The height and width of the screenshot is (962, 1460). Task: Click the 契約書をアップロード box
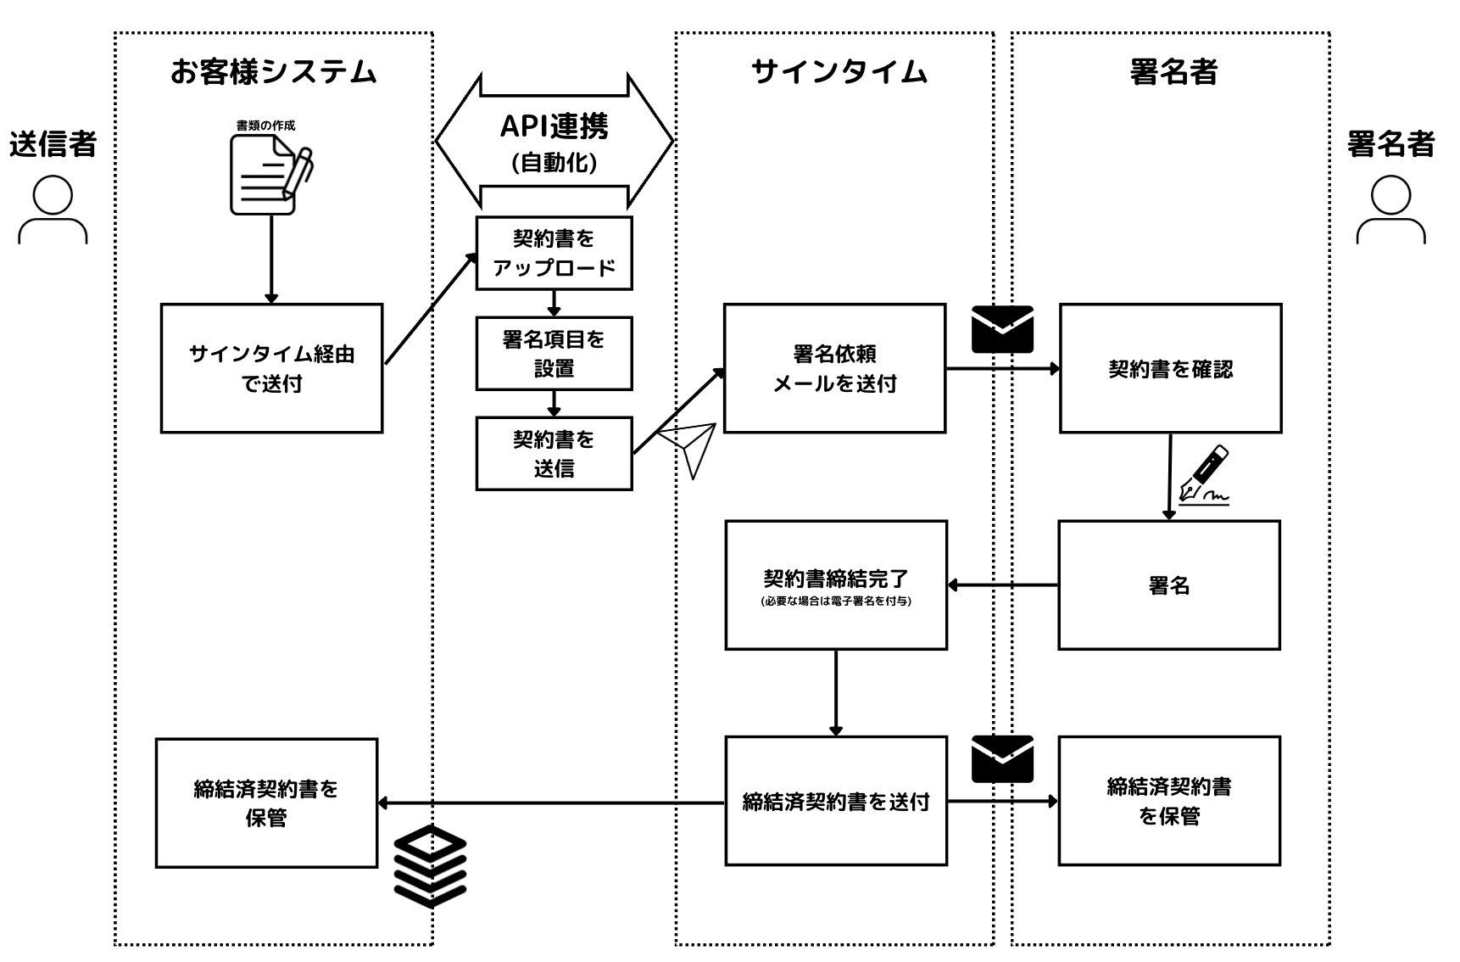(x=554, y=253)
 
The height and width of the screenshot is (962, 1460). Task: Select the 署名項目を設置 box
(x=554, y=353)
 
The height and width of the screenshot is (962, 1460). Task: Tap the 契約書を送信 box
(x=554, y=453)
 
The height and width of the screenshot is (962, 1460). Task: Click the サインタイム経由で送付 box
(x=271, y=368)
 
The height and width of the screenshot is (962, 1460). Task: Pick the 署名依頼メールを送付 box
(x=834, y=368)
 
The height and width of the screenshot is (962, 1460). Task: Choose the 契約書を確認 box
(x=1170, y=368)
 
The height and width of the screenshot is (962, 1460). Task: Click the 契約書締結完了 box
(x=836, y=584)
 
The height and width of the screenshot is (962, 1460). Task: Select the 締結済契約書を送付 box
(x=836, y=801)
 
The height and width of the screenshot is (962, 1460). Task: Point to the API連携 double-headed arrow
(x=554, y=141)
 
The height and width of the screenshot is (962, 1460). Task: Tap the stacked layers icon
(x=431, y=866)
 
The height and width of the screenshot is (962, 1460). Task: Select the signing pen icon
(x=1204, y=475)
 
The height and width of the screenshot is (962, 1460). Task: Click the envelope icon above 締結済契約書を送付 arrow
(x=1002, y=758)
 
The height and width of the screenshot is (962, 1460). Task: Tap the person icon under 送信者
(x=53, y=210)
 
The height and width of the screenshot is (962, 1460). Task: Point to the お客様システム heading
(x=273, y=72)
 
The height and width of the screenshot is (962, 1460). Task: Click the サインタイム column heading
(x=839, y=72)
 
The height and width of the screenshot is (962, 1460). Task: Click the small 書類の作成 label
(x=265, y=126)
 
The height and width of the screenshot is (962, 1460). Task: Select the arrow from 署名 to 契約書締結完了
(x=1003, y=584)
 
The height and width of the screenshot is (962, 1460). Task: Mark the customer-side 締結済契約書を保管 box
(x=266, y=803)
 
